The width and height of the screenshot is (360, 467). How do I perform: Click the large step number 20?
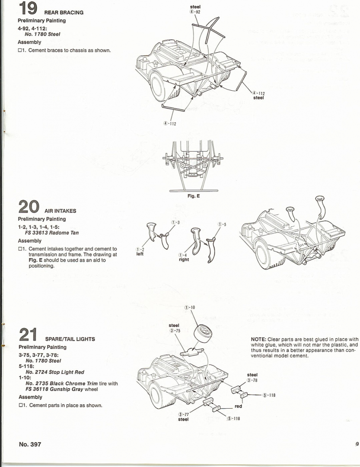(x=29, y=206)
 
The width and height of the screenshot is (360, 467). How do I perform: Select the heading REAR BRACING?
(x=64, y=13)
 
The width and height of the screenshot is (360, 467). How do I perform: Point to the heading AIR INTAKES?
(x=60, y=211)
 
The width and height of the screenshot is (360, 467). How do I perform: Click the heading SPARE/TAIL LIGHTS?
(x=68, y=339)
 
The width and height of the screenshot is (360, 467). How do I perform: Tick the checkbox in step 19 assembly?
(x=20, y=51)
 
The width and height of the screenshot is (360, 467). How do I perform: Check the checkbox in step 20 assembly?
(x=20, y=249)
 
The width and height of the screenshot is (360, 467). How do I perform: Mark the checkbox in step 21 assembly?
(x=20, y=406)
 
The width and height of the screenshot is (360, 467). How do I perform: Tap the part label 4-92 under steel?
(x=195, y=12)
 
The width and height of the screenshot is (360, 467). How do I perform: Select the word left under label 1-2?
(x=140, y=254)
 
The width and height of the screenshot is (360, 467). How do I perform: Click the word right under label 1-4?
(x=184, y=260)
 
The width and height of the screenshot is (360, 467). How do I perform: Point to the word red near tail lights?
(x=238, y=406)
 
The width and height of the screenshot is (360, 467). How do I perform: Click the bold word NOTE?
(x=258, y=339)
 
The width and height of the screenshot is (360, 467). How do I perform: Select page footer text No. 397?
(x=30, y=445)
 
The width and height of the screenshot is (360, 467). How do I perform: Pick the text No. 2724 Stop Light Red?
(x=55, y=372)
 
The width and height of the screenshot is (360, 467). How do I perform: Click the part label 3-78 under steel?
(x=252, y=380)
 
